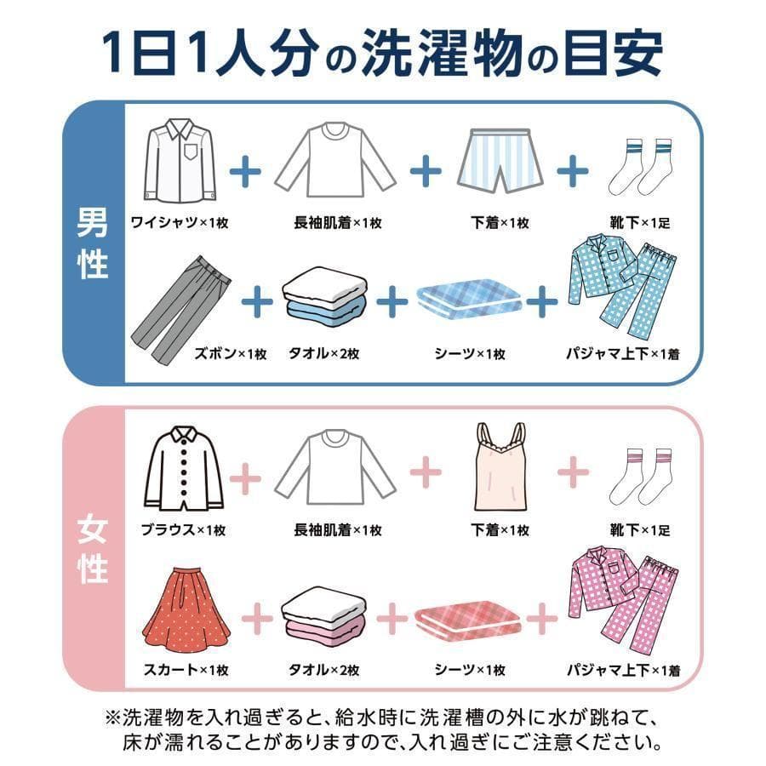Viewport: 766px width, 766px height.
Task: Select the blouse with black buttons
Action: pos(180,469)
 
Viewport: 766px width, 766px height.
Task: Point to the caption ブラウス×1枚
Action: pos(183,529)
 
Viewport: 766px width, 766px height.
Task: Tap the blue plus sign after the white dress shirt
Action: pos(245,171)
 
